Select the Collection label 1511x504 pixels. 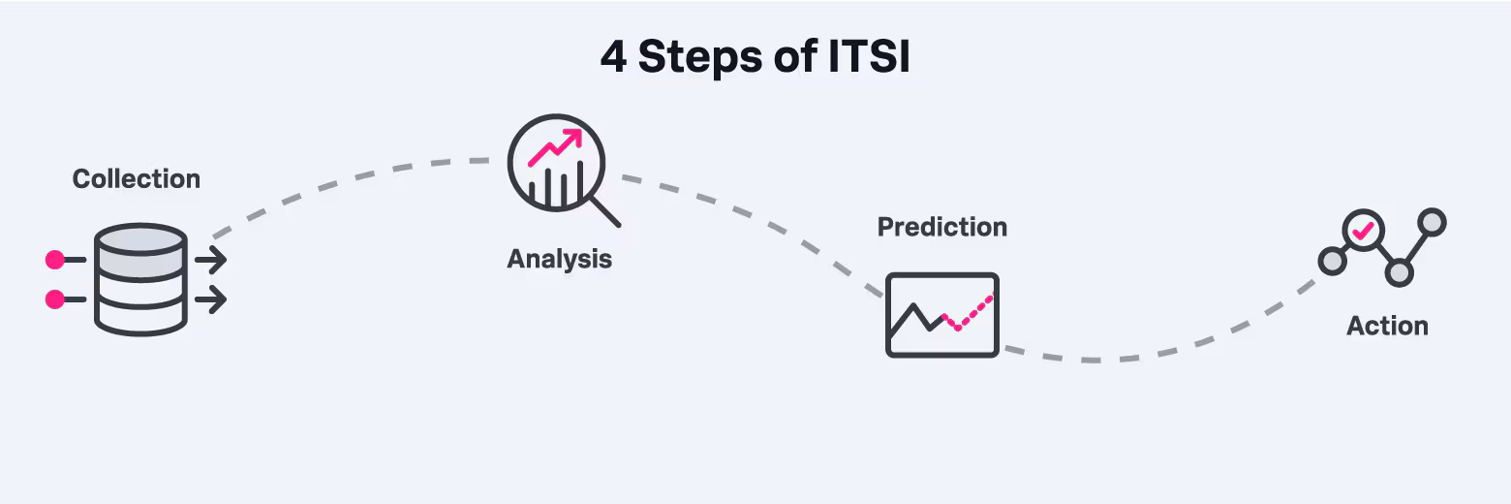click(x=137, y=179)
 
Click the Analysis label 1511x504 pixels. click(x=560, y=260)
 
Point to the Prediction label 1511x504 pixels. click(x=942, y=227)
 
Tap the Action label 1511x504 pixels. click(x=1387, y=327)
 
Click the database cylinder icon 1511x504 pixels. click(x=140, y=280)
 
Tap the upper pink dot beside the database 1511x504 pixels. click(x=55, y=260)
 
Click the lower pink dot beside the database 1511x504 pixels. click(x=55, y=299)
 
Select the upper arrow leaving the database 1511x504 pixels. click(x=211, y=260)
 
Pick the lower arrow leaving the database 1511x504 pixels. click(x=211, y=299)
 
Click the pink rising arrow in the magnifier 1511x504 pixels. click(x=554, y=145)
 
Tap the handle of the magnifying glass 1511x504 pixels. click(x=605, y=211)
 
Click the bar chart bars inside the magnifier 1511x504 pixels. click(x=556, y=185)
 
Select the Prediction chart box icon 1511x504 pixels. click(x=942, y=315)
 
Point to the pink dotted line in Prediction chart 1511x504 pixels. click(x=969, y=314)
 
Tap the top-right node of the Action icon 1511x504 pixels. click(x=1432, y=222)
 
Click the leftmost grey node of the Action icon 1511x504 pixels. click(x=1332, y=260)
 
